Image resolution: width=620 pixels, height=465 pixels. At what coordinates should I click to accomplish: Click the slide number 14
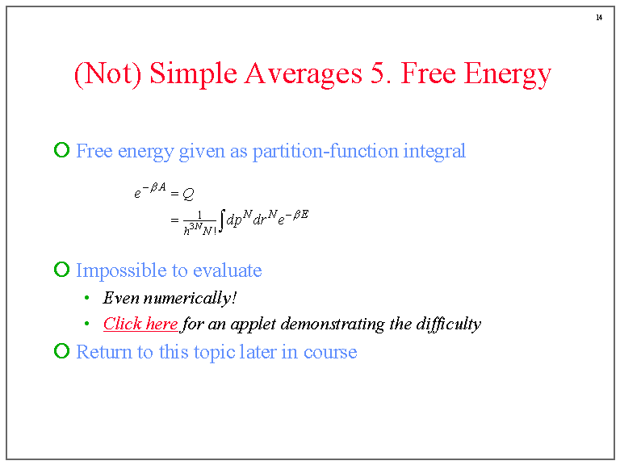[x=599, y=18]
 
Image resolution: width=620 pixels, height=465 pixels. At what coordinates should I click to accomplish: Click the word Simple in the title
[x=194, y=74]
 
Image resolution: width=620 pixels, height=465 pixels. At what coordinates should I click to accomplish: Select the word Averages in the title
[x=303, y=74]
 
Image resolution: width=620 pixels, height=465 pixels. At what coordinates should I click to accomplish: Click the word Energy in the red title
[x=507, y=74]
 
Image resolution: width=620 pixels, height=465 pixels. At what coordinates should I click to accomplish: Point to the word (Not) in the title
[x=108, y=74]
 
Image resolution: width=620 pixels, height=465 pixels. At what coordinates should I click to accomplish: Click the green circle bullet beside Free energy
[x=61, y=150]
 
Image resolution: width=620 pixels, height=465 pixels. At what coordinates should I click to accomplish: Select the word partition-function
[x=325, y=151]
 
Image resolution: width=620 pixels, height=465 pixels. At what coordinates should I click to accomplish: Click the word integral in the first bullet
[x=434, y=152]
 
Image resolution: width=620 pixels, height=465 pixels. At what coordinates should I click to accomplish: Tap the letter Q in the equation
[x=189, y=194]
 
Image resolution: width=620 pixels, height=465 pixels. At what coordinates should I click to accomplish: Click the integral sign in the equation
[x=222, y=220]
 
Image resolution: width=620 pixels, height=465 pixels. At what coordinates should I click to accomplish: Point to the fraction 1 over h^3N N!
[x=199, y=223]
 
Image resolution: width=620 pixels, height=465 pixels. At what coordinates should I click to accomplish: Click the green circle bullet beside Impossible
[x=61, y=270]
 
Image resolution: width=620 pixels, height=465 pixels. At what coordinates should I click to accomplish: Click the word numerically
[x=191, y=298]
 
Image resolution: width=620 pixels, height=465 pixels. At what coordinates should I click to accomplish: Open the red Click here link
[x=140, y=324]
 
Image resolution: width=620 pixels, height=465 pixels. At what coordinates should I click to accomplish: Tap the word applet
[x=253, y=325]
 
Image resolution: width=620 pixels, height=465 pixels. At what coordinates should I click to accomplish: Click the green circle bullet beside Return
[x=61, y=350]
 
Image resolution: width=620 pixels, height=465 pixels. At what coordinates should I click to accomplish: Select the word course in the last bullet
[x=330, y=352]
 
